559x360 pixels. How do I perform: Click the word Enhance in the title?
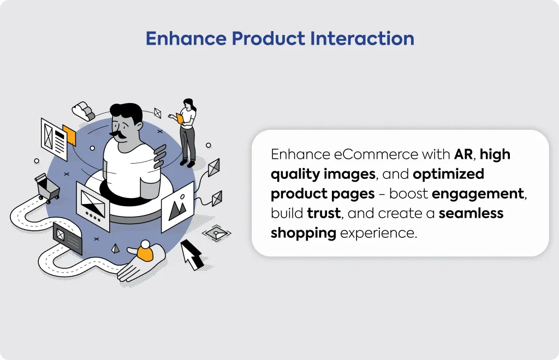tap(186, 39)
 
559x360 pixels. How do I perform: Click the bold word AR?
tap(463, 154)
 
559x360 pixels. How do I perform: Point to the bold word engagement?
tap(478, 194)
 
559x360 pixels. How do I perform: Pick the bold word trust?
tap(324, 213)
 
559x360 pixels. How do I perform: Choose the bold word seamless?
tap(471, 213)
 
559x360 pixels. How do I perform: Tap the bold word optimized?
tap(449, 175)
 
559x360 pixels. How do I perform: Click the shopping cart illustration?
tap(47, 188)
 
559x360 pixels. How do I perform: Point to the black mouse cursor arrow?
tap(192, 255)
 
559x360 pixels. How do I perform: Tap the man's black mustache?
tap(120, 134)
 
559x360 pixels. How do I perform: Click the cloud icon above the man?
tap(84, 111)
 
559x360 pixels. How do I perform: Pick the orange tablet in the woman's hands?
tap(179, 118)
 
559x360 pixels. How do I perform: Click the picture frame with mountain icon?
tap(177, 207)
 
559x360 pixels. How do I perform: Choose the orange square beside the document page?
tap(69, 135)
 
